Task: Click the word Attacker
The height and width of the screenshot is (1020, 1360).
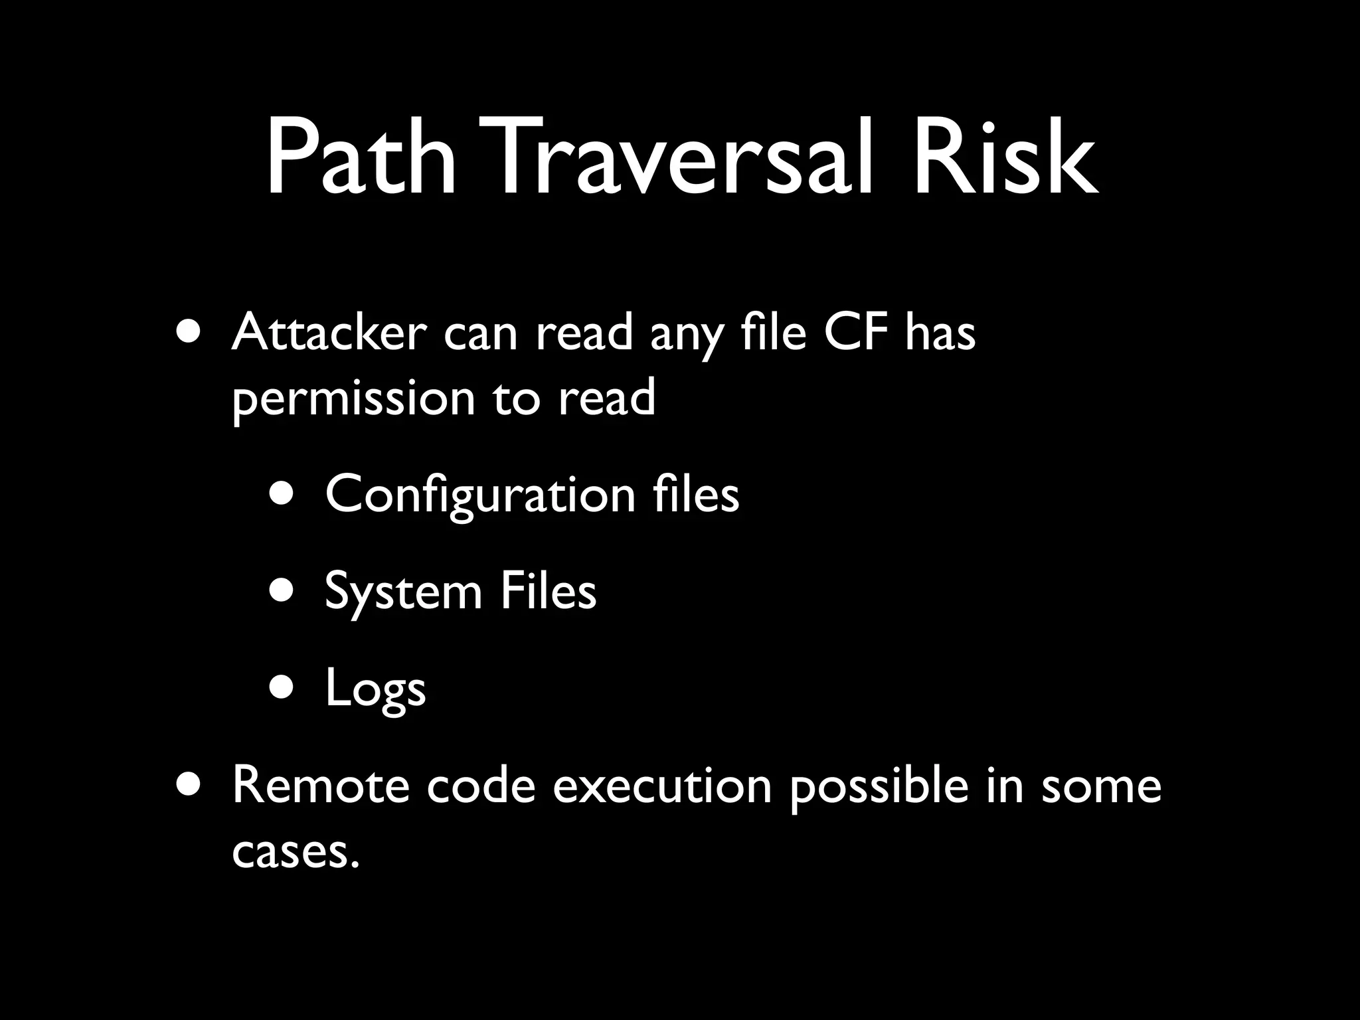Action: click(329, 333)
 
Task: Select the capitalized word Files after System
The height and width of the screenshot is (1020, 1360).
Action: click(548, 591)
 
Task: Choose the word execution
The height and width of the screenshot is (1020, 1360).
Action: click(662, 786)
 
